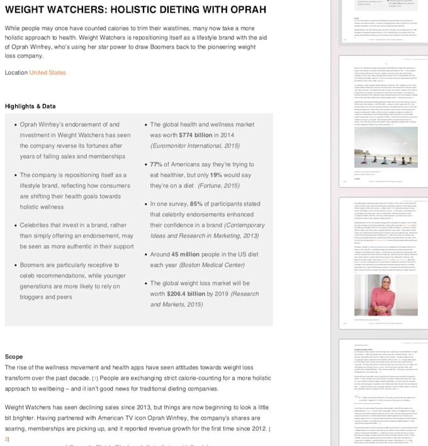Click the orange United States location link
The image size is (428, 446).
tap(47, 73)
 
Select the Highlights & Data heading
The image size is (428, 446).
tap(30, 106)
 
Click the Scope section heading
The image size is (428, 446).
tap(14, 357)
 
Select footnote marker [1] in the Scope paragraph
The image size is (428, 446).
tap(95, 378)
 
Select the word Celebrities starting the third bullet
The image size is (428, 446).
tap(39, 225)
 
